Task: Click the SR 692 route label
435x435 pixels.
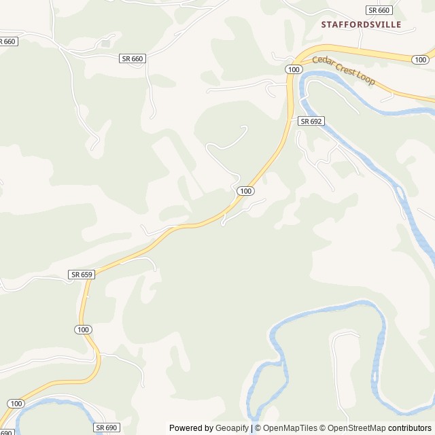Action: pyautogui.click(x=311, y=121)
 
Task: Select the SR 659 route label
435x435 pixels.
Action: pyautogui.click(x=81, y=274)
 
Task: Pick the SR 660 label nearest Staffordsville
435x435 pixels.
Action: pyautogui.click(x=379, y=10)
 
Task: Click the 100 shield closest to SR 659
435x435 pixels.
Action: pyautogui.click(x=83, y=329)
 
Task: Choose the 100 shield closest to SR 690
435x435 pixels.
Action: pyautogui.click(x=15, y=404)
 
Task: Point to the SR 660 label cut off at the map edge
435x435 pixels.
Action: pyautogui.click(x=7, y=41)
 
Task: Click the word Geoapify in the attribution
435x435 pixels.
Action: pyautogui.click(x=232, y=428)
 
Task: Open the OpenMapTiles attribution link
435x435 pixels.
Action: pyautogui.click(x=290, y=428)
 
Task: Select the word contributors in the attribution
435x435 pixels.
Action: pyautogui.click(x=410, y=428)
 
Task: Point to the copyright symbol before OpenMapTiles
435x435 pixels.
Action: pyautogui.click(x=258, y=428)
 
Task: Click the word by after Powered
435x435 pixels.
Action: pyautogui.click(x=208, y=428)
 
